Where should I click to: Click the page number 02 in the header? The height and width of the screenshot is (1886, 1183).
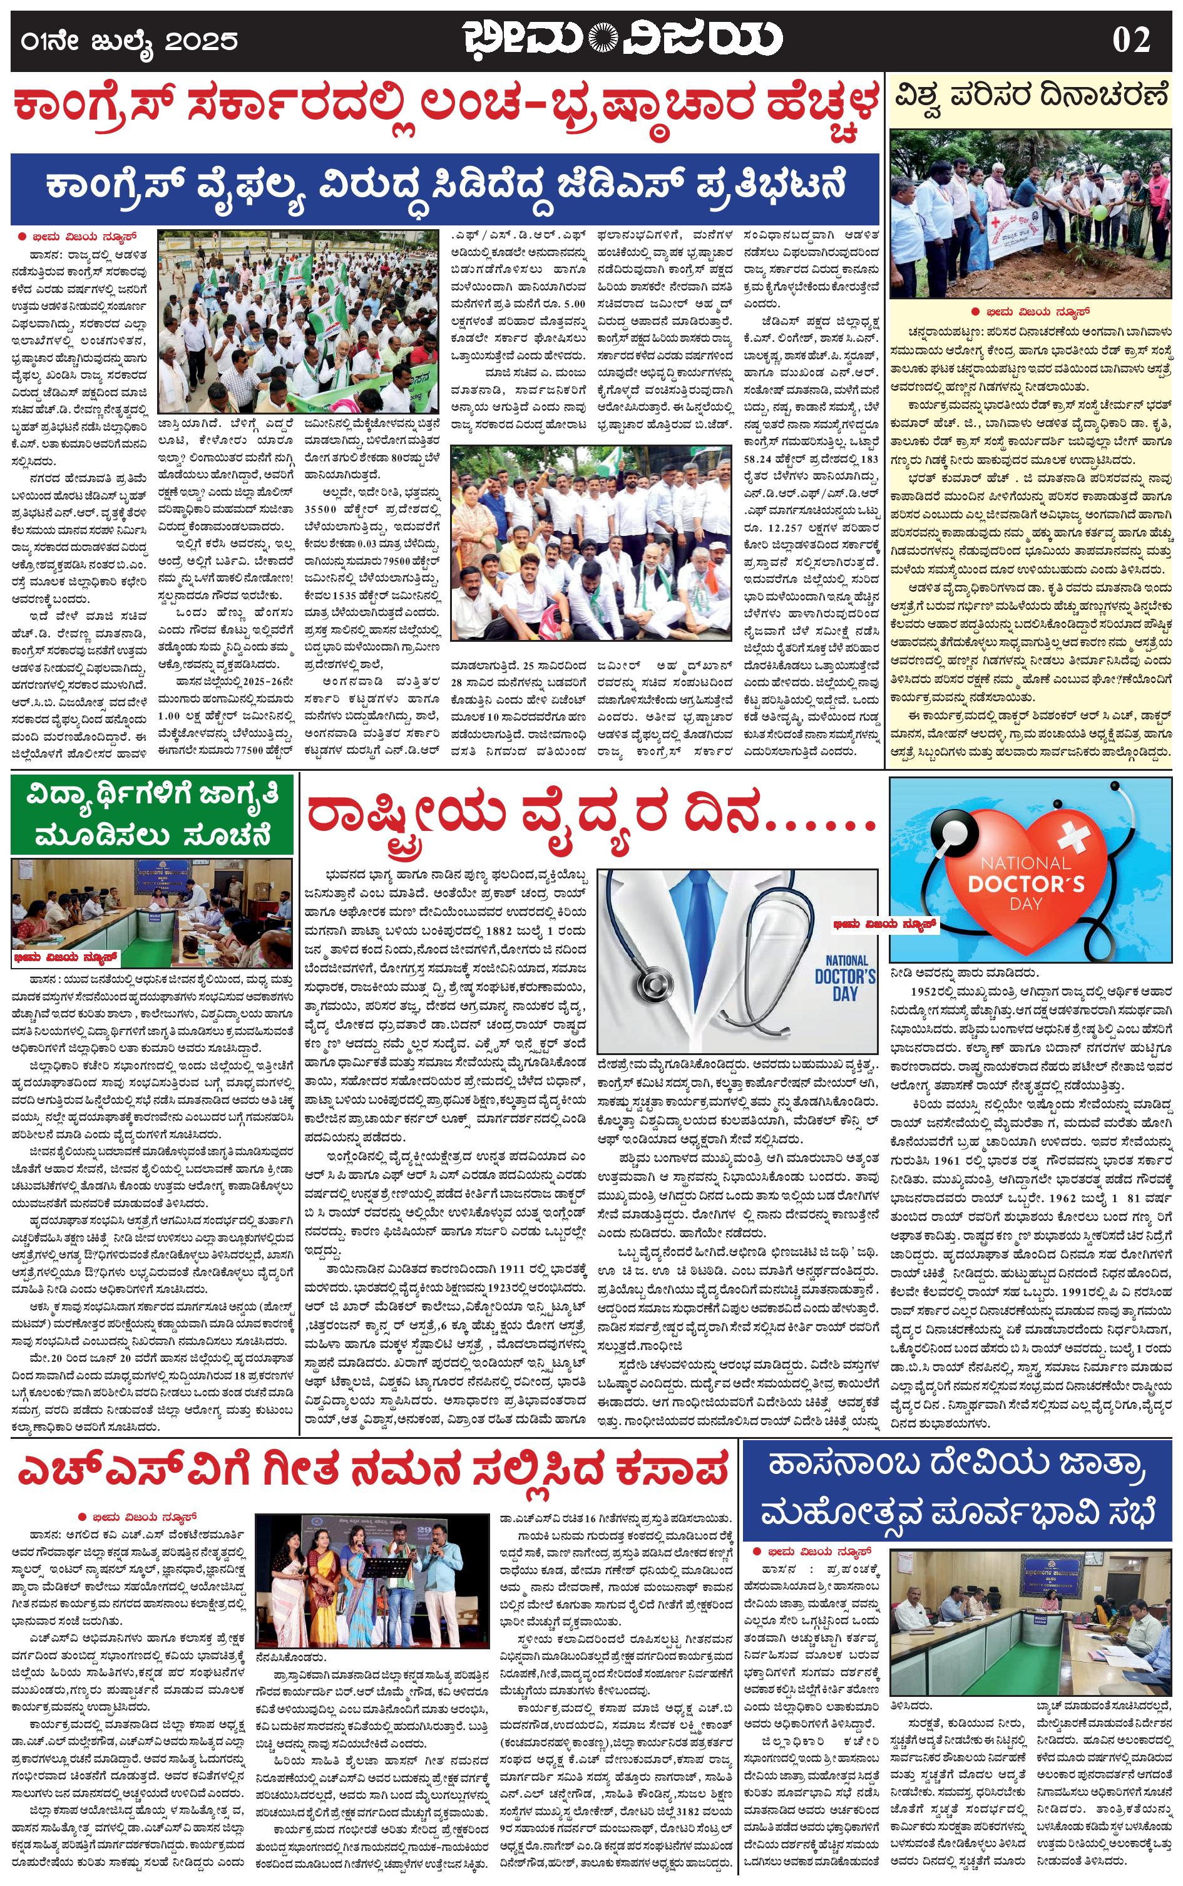click(1130, 39)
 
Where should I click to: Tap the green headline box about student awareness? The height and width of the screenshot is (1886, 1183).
click(153, 814)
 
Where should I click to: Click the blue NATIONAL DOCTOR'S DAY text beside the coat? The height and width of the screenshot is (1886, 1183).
click(845, 977)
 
